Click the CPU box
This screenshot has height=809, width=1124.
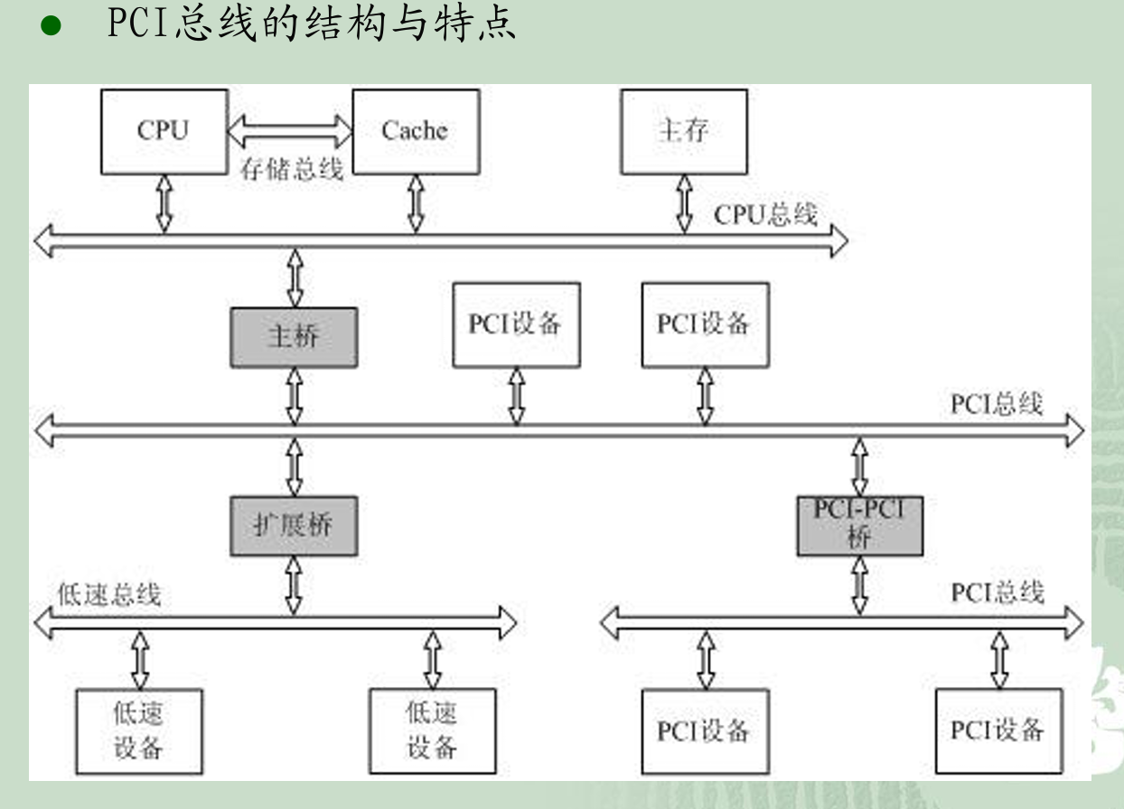(x=164, y=131)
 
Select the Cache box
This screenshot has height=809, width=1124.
(x=415, y=131)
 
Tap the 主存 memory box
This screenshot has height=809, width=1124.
(x=683, y=131)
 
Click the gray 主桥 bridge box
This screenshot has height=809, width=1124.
(x=294, y=337)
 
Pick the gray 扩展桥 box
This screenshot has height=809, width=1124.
(x=294, y=525)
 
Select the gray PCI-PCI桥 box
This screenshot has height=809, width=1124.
(x=859, y=525)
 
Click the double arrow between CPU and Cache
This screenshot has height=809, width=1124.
(x=289, y=130)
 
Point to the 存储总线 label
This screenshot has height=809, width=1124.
(x=291, y=169)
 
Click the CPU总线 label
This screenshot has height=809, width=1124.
(x=765, y=215)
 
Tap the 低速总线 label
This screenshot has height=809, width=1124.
(x=108, y=595)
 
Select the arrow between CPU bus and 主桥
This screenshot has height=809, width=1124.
(x=295, y=280)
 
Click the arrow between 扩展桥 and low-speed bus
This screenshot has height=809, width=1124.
(x=294, y=585)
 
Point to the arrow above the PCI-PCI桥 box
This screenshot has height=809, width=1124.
(x=859, y=466)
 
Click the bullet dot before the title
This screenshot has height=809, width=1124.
(x=50, y=27)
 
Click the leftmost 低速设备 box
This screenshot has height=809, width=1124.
(x=138, y=731)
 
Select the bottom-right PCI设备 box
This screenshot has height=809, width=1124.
(x=998, y=730)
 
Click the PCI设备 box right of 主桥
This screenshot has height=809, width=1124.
(x=516, y=325)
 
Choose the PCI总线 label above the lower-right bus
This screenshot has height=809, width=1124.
(x=998, y=593)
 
